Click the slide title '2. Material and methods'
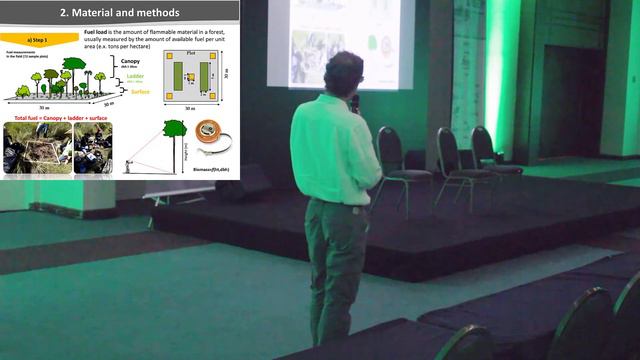pyautogui.click(x=119, y=13)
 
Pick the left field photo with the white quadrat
pyautogui.click(x=36, y=149)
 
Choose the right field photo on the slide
pyautogui.click(x=93, y=148)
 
